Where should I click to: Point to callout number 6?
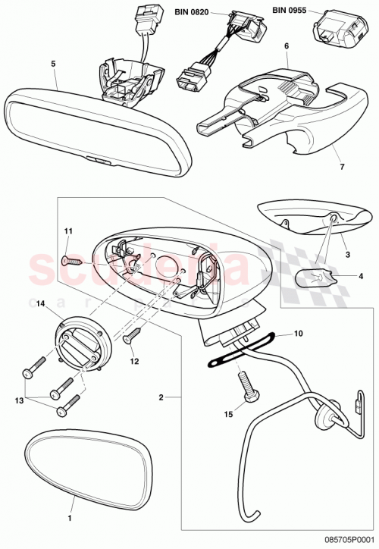click(x=287, y=45)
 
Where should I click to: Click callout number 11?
click(x=67, y=231)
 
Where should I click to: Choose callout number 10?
click(x=298, y=333)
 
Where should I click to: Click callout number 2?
click(x=161, y=396)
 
